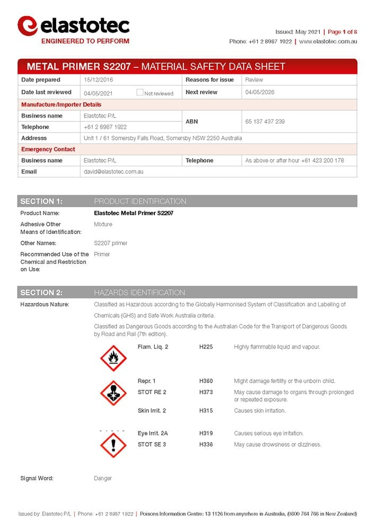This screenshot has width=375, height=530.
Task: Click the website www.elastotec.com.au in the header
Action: click(x=328, y=41)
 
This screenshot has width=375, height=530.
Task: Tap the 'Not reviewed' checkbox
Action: click(x=139, y=92)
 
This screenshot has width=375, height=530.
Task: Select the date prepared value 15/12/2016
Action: click(x=99, y=79)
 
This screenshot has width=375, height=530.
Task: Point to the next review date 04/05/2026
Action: click(x=260, y=92)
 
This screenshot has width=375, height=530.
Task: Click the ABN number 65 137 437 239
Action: click(x=265, y=121)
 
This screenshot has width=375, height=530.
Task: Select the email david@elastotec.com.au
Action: click(x=114, y=172)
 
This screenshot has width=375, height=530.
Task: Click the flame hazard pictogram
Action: click(x=113, y=358)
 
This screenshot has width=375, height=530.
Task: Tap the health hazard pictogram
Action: click(x=113, y=393)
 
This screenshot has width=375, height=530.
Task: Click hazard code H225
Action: click(x=206, y=347)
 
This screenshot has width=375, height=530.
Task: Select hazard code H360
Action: click(x=206, y=381)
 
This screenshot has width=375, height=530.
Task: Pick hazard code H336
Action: click(x=206, y=444)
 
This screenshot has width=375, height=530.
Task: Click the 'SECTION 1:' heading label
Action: click(x=41, y=201)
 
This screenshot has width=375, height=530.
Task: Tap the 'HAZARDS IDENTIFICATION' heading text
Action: click(x=139, y=293)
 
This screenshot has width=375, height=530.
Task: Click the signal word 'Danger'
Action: click(x=103, y=478)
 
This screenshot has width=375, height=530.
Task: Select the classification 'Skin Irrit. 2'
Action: click(x=152, y=411)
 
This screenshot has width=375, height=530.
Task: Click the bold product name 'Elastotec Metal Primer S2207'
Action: click(x=133, y=213)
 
